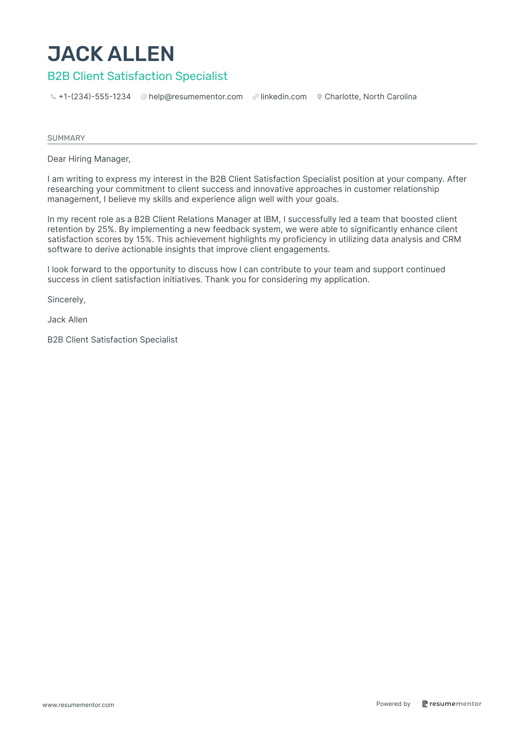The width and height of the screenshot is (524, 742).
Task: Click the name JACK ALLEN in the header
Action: point(111,54)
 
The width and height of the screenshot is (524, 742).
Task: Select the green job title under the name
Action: point(138,76)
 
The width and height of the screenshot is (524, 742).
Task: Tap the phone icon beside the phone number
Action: point(53,97)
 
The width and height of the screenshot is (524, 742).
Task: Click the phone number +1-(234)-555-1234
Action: point(95,97)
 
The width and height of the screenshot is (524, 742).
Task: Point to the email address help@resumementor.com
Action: point(195,97)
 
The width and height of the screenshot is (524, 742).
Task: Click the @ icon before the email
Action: point(143,97)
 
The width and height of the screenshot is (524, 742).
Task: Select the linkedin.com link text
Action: point(284,97)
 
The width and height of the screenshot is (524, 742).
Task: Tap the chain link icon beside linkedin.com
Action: point(256,97)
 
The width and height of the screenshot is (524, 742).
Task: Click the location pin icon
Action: point(319,97)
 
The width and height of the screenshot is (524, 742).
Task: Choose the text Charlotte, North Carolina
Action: point(371,97)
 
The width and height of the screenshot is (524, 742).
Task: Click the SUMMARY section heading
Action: point(66,138)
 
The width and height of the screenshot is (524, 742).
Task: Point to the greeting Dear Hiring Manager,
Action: point(89,159)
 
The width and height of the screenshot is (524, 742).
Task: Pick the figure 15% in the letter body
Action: point(144,240)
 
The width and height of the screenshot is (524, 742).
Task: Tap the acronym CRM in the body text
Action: point(452,240)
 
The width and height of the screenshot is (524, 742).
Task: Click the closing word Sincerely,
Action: point(67,300)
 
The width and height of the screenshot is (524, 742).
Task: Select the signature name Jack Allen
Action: point(67,320)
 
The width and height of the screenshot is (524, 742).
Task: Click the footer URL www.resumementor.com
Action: point(78,705)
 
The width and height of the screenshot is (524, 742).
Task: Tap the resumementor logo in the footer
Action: point(452,704)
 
